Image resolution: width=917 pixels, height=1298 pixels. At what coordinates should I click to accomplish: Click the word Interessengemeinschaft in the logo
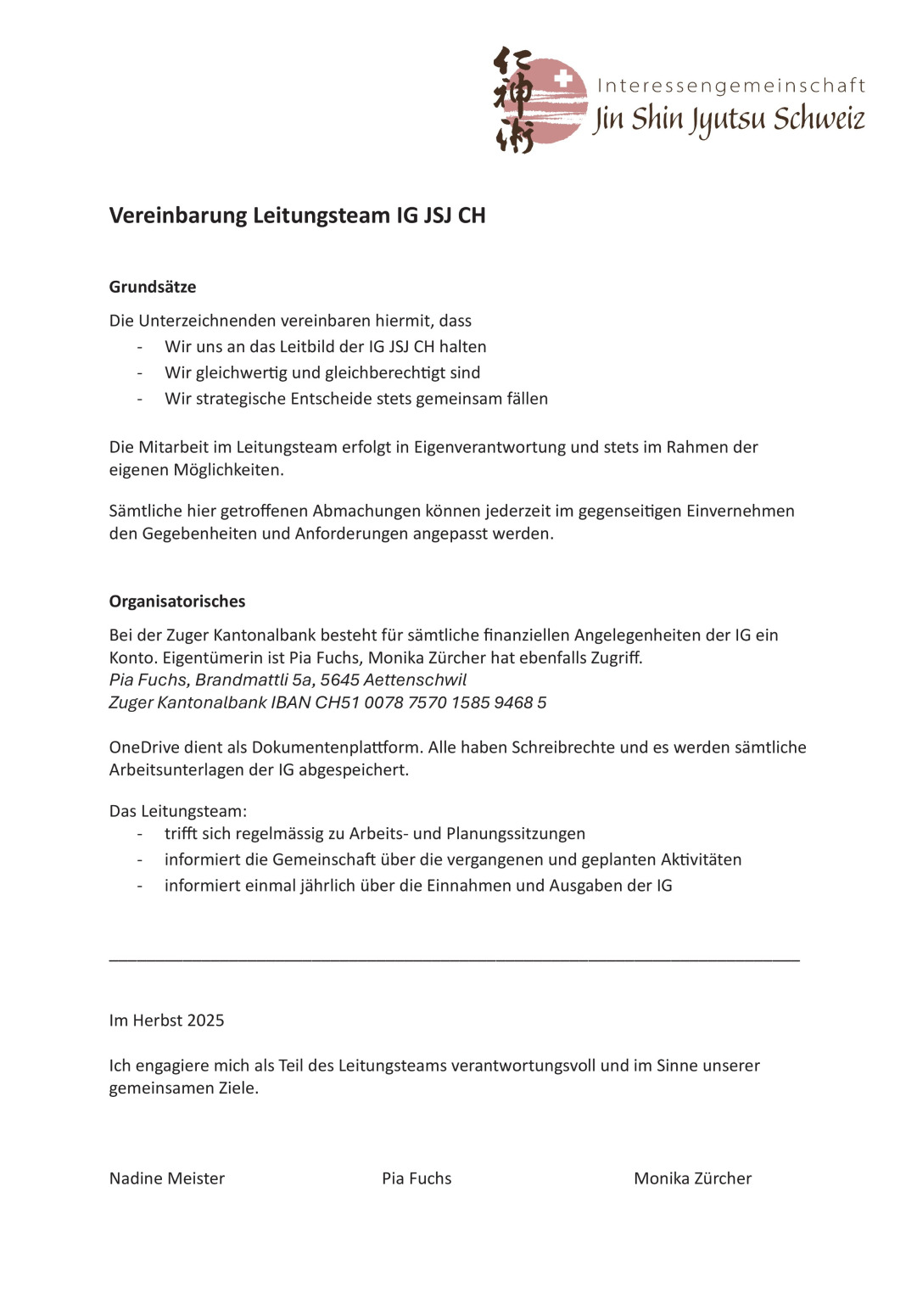[731, 86]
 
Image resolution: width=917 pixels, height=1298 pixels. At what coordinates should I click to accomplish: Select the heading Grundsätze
[153, 287]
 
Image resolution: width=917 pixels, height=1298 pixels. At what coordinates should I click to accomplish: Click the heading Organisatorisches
[177, 601]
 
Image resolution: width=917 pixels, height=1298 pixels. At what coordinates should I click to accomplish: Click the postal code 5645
[341, 680]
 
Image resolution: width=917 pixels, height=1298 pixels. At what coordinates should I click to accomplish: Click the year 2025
[205, 1021]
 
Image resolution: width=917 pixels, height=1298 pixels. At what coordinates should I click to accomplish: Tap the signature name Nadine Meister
[167, 1178]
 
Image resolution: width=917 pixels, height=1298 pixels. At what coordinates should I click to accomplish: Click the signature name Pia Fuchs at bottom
[417, 1178]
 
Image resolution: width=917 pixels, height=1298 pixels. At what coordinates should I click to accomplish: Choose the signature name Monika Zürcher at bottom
[692, 1178]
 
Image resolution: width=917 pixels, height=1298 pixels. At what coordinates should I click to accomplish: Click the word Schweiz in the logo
[819, 119]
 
